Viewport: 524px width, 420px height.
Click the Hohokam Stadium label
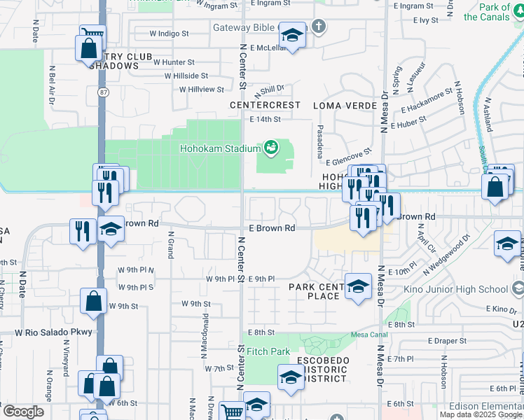coord(220,148)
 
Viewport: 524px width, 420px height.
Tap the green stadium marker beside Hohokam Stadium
coord(270,148)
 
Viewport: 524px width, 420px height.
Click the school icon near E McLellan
coord(292,35)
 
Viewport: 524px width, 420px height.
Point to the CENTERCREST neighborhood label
coord(266,105)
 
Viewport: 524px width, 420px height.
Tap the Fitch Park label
coord(268,351)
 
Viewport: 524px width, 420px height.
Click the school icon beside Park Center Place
coord(358,286)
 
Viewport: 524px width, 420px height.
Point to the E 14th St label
coord(265,120)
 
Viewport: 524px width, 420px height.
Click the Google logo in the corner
coord(23,412)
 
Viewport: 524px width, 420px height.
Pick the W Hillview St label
coord(201,90)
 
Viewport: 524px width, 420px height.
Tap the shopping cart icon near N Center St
coord(232,411)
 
